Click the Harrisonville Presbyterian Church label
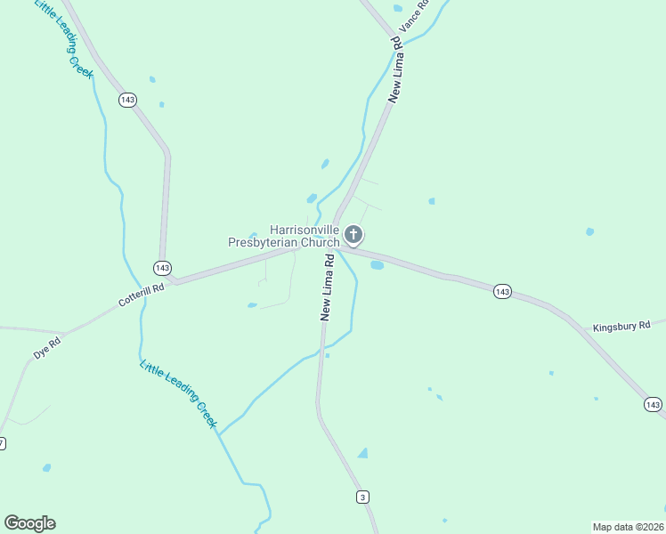coord(283,236)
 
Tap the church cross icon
coord(353,235)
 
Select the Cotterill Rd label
coord(142,295)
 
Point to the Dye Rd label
coord(47,347)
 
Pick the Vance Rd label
coord(414,17)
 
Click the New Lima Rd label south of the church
coord(327,287)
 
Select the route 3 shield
coord(362,497)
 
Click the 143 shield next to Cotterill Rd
coord(161,267)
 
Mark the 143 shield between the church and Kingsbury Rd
coord(502,291)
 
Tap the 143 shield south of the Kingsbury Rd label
coord(653,405)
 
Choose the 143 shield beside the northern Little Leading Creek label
coord(127,100)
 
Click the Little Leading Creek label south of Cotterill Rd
coord(178,393)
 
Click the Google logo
coord(30,523)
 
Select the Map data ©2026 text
coord(628,527)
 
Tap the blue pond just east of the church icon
coord(377,264)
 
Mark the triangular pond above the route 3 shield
coord(362,453)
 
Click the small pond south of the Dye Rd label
coord(46,467)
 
